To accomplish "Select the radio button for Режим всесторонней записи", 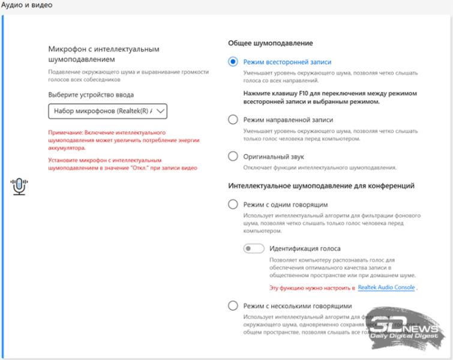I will tap(233, 61).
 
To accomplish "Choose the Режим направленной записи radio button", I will tap(233, 119).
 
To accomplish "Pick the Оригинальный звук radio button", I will tap(233, 156).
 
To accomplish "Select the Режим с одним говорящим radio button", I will tap(233, 204).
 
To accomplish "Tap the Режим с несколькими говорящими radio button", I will tap(233, 306).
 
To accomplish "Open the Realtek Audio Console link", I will tap(386, 288).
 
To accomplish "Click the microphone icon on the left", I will tap(20, 187).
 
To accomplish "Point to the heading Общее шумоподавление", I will tap(270, 43).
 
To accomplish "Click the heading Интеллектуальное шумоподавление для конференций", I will tap(321, 186).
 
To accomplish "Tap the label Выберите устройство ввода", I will tap(91, 95).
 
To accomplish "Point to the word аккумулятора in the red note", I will tap(67, 148).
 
